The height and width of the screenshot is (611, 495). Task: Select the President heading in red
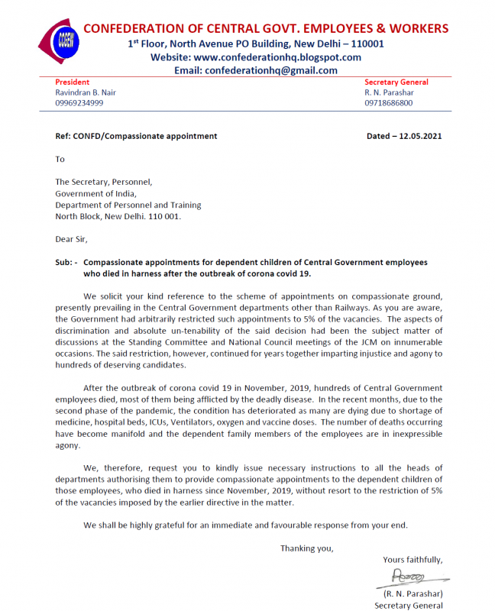click(x=73, y=82)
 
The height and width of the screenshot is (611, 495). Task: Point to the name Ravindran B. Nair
click(x=86, y=92)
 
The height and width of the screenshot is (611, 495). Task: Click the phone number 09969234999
click(x=79, y=103)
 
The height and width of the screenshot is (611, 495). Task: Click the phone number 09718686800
click(x=388, y=103)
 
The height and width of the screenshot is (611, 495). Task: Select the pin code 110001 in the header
click(x=367, y=44)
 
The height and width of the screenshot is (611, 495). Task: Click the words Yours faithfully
click(x=412, y=560)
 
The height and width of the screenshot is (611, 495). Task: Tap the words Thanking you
click(x=306, y=548)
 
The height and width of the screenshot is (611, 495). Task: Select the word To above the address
click(x=60, y=160)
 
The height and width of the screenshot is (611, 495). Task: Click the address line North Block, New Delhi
click(x=118, y=216)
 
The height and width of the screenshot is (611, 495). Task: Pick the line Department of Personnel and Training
click(x=128, y=205)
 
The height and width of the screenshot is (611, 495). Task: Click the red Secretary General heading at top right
click(x=396, y=82)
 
